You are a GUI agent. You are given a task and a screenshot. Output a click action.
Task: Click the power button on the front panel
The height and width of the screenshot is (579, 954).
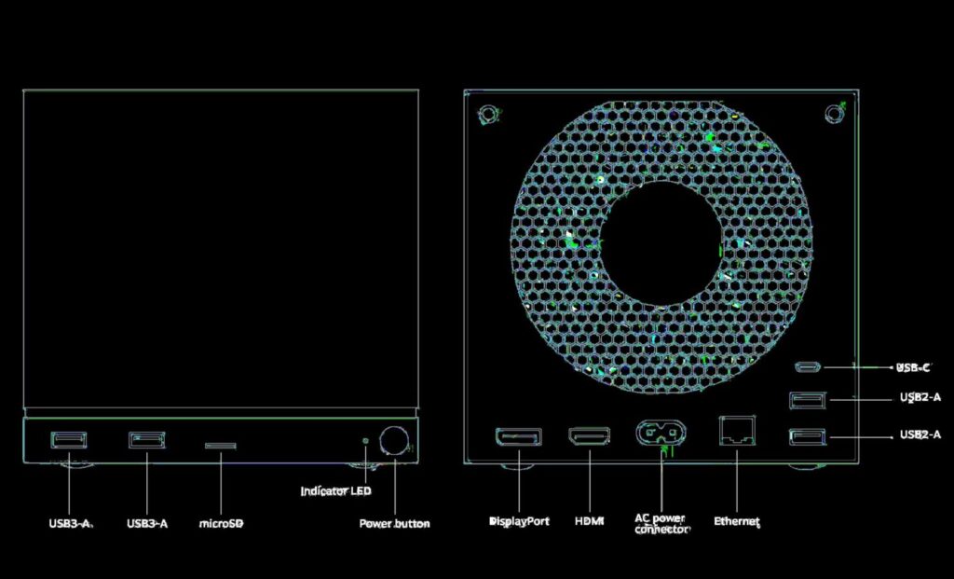coord(394,440)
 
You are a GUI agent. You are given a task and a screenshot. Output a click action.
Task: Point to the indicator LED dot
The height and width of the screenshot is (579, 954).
coord(365,439)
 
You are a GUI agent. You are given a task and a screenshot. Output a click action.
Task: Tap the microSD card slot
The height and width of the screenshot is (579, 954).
coord(220,446)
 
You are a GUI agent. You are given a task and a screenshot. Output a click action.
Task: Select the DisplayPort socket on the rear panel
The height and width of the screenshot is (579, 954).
coord(519,436)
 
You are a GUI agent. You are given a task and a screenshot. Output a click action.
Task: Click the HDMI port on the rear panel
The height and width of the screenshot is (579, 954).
coord(589,436)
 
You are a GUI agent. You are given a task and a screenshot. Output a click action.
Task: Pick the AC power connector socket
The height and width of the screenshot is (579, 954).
coord(661,434)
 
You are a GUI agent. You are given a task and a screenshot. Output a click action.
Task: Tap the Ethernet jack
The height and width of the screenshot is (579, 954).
coord(737,431)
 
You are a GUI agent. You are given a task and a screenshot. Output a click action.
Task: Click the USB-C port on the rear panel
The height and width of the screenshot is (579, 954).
coord(808,367)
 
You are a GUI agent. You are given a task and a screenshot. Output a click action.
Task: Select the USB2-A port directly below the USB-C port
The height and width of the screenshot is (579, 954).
coord(808,400)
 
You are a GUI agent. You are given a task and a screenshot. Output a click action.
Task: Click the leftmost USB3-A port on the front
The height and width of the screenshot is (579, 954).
coord(69,439)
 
